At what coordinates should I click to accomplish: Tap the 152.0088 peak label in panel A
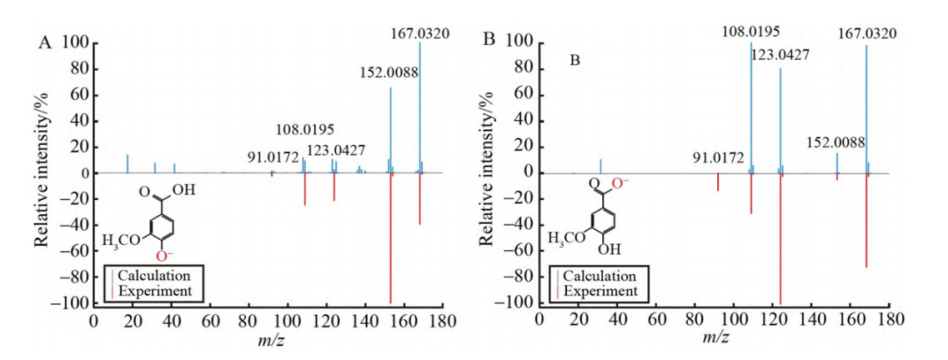pyautogui.click(x=389, y=75)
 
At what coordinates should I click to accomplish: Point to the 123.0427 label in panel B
pyautogui.click(x=779, y=54)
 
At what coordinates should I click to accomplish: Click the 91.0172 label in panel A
pyautogui.click(x=278, y=158)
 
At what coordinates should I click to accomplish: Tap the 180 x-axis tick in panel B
pyautogui.click(x=889, y=319)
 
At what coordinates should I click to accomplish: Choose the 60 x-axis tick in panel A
pyautogui.click(x=210, y=319)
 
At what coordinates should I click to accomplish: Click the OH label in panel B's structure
pyautogui.click(x=620, y=248)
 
